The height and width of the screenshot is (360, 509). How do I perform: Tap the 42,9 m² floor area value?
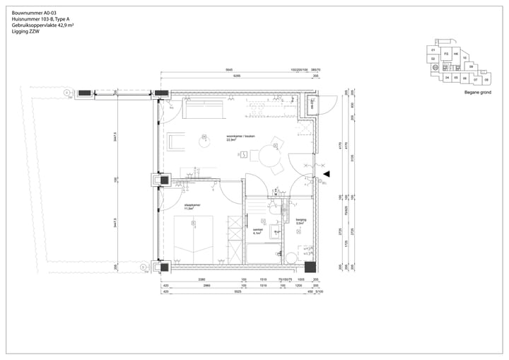pos(65,25)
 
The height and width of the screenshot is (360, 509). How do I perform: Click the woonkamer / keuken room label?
pos(240,137)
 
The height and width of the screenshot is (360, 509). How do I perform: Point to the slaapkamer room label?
pos(192,206)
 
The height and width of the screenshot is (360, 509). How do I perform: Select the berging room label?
pos(300,220)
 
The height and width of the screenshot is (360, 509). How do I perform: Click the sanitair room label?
pos(258,230)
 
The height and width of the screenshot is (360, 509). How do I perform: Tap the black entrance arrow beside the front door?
pos(326,173)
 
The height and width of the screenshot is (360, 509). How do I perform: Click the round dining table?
pos(269,154)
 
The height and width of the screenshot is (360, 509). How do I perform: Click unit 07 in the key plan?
pos(476,79)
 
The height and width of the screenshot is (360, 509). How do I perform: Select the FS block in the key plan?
pos(445,54)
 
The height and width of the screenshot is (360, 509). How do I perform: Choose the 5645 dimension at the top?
pos(229,70)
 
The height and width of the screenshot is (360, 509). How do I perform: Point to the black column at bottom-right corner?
pos(309,267)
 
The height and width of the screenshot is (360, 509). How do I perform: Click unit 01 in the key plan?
pos(432,51)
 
